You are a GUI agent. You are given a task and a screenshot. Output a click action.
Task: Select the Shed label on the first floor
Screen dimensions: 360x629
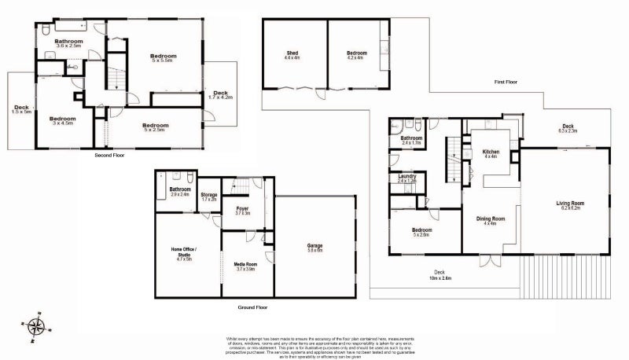point(291,55)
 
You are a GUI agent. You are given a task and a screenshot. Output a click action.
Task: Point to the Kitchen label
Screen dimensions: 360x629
point(491,153)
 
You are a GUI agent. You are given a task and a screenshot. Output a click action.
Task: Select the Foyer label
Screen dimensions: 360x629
point(242,210)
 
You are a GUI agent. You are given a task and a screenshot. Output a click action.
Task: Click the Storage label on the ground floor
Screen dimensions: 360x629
point(208,197)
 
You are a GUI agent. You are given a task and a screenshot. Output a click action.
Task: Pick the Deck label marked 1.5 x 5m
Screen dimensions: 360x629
point(21,109)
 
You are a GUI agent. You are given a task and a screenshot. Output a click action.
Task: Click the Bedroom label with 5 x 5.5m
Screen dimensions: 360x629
point(163,58)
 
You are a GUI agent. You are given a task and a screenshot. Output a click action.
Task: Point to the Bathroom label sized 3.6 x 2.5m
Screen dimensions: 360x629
point(68,43)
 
